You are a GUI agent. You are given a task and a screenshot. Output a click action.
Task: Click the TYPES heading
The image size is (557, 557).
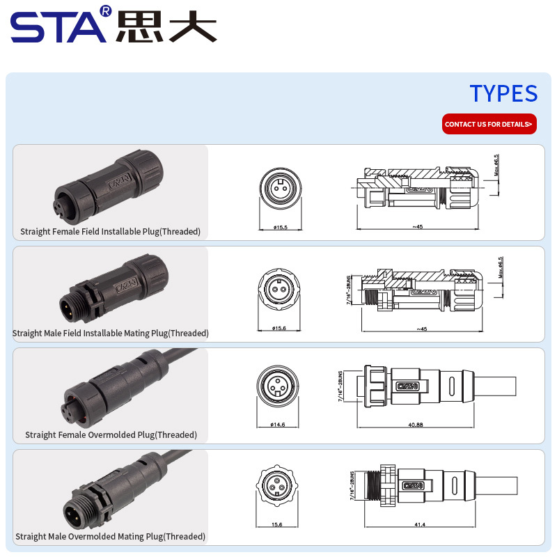tap(503, 93)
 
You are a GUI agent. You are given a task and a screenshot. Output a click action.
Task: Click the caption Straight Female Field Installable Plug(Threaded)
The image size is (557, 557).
tap(110, 232)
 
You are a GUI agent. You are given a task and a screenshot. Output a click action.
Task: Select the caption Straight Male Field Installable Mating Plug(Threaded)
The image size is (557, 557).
tap(110, 334)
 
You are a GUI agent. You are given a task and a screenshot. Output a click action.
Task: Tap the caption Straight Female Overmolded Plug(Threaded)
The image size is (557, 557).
tap(111, 435)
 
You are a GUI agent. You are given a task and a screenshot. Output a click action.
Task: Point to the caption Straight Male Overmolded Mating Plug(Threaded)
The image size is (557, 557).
tap(110, 537)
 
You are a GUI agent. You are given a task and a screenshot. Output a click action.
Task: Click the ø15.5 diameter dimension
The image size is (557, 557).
tap(281, 228)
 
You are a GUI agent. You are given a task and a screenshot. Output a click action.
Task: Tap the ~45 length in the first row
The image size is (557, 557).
tap(418, 227)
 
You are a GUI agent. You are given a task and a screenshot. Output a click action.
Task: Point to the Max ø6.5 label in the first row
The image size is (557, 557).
tap(496, 165)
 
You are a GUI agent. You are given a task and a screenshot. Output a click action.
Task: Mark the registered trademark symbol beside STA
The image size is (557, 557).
tap(106, 11)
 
